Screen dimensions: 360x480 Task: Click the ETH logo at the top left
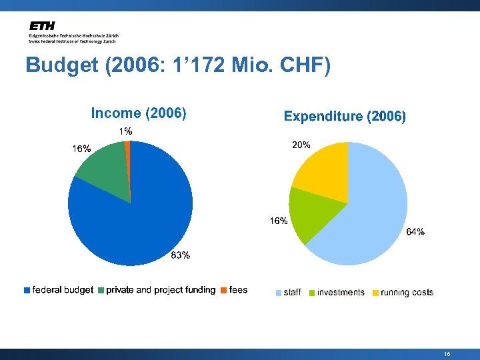(41, 25)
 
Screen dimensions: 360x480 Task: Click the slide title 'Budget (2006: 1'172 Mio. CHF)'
(177, 66)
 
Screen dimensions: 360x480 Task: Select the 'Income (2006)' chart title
(138, 113)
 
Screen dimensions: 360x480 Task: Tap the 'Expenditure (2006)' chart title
(345, 117)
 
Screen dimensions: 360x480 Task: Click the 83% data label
(181, 255)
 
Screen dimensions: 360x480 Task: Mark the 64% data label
(415, 232)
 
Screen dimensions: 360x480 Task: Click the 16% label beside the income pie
(81, 149)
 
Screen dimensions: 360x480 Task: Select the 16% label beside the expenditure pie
(279, 221)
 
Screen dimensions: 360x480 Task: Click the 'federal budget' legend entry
(59, 290)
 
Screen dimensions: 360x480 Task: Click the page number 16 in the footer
(447, 355)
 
